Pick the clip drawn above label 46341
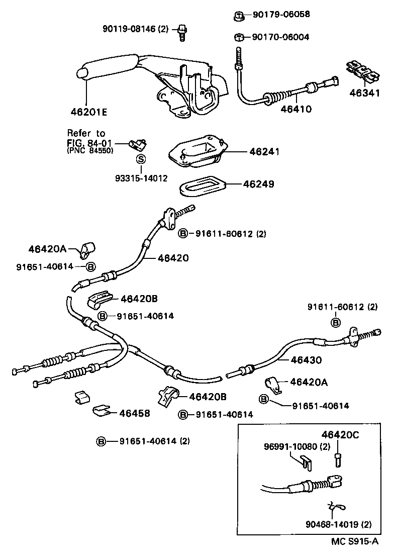point(363,72)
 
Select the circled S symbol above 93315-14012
point(141,159)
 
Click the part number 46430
point(306,360)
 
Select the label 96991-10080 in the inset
point(291,446)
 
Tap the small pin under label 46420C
point(338,458)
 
